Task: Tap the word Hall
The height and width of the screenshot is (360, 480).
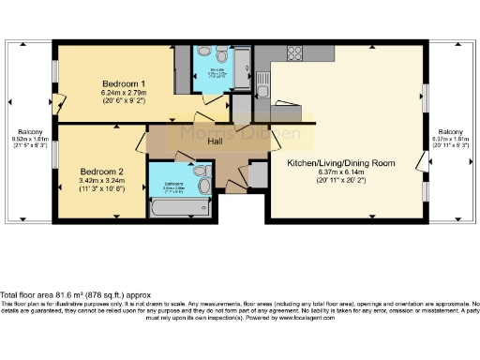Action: click(215, 141)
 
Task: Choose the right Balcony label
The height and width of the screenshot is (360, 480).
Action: click(450, 132)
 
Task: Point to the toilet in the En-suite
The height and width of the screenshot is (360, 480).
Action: click(219, 54)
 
